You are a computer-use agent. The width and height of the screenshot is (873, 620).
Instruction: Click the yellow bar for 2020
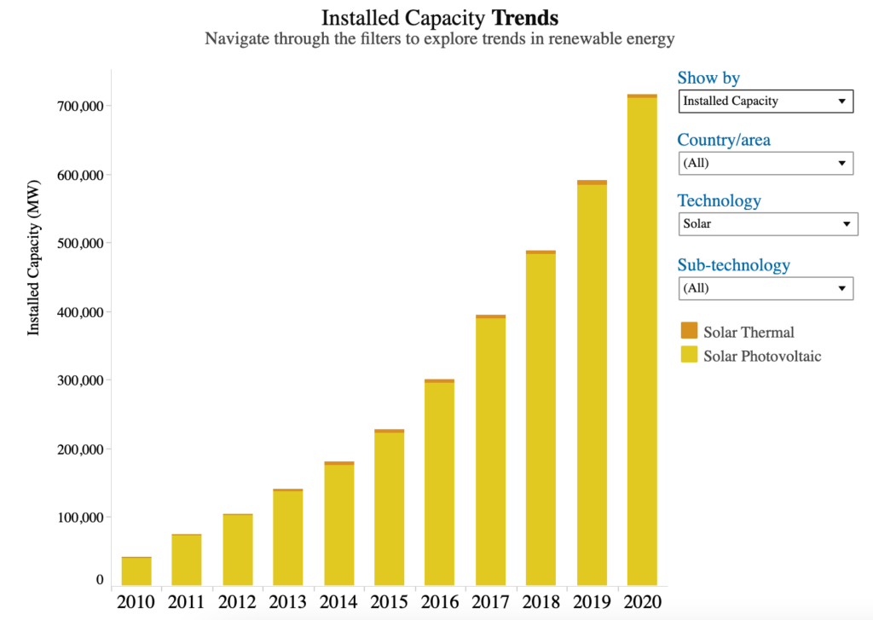[x=642, y=341]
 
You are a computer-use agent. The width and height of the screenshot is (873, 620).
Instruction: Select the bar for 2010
[x=136, y=571]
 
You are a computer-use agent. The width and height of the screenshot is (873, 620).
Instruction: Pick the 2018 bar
[x=541, y=418]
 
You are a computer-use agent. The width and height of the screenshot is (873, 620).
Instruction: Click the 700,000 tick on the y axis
[x=78, y=107]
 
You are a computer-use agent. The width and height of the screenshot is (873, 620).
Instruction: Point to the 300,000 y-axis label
[x=78, y=380]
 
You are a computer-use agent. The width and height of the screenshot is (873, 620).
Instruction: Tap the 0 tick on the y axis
[x=100, y=580]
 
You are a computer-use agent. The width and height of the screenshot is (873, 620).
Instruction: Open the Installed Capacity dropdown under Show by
[x=766, y=101]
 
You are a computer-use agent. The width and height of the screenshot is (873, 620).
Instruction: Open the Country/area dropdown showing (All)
[x=766, y=163]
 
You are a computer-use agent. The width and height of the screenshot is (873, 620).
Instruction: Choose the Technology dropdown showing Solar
[x=767, y=224]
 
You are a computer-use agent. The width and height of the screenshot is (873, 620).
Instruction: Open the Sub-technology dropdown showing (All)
[x=766, y=288]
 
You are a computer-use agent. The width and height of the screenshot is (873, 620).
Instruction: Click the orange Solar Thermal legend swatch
[x=688, y=331]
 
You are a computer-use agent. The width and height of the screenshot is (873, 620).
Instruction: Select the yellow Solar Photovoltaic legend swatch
[x=688, y=355]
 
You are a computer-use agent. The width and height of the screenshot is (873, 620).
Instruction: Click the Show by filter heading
[x=708, y=78]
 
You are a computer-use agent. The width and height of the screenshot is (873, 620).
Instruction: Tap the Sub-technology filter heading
[x=733, y=264]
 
